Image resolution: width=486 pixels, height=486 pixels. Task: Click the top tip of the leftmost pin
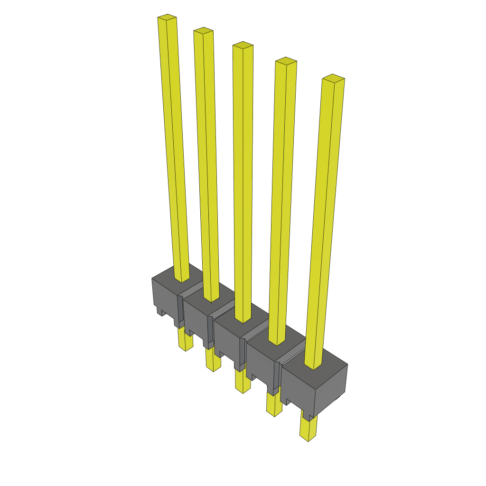point(167,18)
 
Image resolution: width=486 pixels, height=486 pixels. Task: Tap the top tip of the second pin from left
point(203,31)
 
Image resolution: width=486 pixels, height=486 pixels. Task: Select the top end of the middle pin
point(243,46)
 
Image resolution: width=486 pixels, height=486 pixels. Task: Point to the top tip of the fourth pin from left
point(286,61)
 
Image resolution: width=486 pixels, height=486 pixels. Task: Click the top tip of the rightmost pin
point(333,78)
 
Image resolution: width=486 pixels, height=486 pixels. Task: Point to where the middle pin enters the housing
point(243,321)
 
